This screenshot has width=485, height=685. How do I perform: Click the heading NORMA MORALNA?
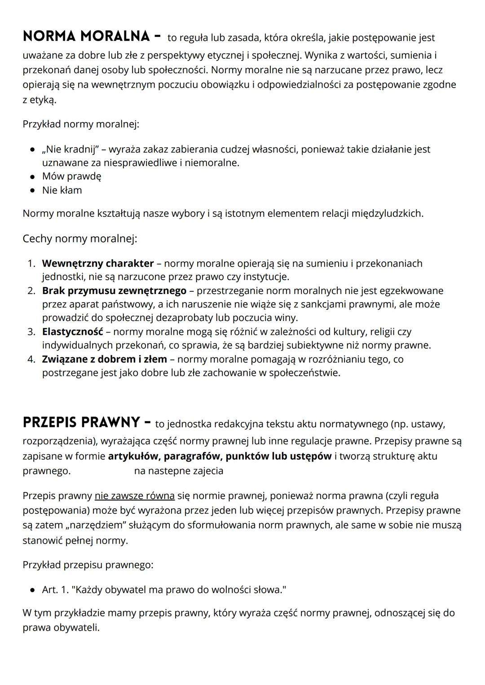click(x=86, y=37)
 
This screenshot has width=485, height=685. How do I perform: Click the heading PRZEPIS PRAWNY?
click(x=81, y=422)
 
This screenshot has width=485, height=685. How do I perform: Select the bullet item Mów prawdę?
click(x=71, y=176)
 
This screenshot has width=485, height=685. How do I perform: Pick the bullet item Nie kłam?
click(x=62, y=190)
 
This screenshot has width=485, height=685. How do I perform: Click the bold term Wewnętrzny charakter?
click(x=97, y=263)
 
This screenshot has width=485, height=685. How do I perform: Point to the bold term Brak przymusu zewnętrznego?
click(x=114, y=291)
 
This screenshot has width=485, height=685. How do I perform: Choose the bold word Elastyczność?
click(x=72, y=332)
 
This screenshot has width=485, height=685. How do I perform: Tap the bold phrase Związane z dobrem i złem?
click(x=104, y=359)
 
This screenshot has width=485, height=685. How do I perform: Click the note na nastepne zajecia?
click(x=178, y=471)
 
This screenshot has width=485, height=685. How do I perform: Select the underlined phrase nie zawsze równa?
click(x=134, y=496)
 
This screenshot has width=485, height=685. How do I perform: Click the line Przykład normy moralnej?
click(x=81, y=124)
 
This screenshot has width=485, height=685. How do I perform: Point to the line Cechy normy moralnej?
click(x=79, y=239)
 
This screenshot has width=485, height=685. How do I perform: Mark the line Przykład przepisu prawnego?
click(x=88, y=565)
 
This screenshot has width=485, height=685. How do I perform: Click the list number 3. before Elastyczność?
click(x=31, y=332)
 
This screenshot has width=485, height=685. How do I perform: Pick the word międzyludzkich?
click(x=387, y=213)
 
